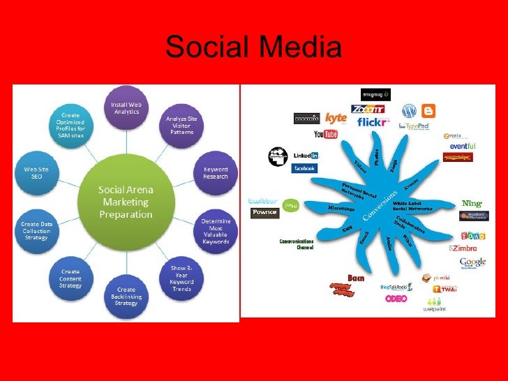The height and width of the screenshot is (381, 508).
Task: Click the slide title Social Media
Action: pyautogui.click(x=253, y=47)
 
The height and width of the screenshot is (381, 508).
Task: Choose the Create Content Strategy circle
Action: pyautogui.click(x=70, y=278)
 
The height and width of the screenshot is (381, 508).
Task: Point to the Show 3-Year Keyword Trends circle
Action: pyautogui.click(x=181, y=277)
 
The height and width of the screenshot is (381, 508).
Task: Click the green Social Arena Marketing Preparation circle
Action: pyautogui.click(x=126, y=200)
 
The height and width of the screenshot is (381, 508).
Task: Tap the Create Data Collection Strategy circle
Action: pyautogui.click(x=37, y=230)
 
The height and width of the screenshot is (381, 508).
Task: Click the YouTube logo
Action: pyautogui.click(x=326, y=134)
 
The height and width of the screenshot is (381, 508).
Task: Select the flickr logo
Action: pyautogui.click(x=372, y=122)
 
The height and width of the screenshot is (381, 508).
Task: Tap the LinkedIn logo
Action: pyautogui.click(x=305, y=156)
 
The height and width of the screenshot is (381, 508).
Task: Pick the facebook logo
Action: pyautogui.click(x=304, y=168)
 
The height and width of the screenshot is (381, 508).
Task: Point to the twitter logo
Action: pyautogui.click(x=263, y=200)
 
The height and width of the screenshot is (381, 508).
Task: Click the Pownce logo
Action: pyautogui.click(x=264, y=211)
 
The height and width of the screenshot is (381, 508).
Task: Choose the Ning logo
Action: pyautogui.click(x=472, y=203)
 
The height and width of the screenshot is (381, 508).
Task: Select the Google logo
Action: pyautogui.click(x=472, y=263)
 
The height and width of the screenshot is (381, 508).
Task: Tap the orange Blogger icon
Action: pyautogui.click(x=427, y=110)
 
